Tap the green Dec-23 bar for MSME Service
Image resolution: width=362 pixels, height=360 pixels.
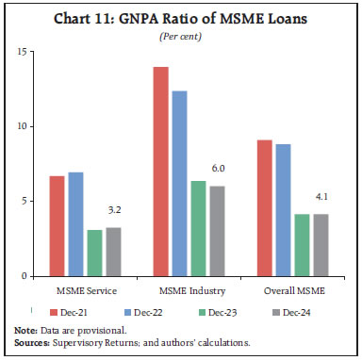click(x=95, y=254)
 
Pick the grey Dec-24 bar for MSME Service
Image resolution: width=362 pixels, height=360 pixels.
click(x=113, y=252)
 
